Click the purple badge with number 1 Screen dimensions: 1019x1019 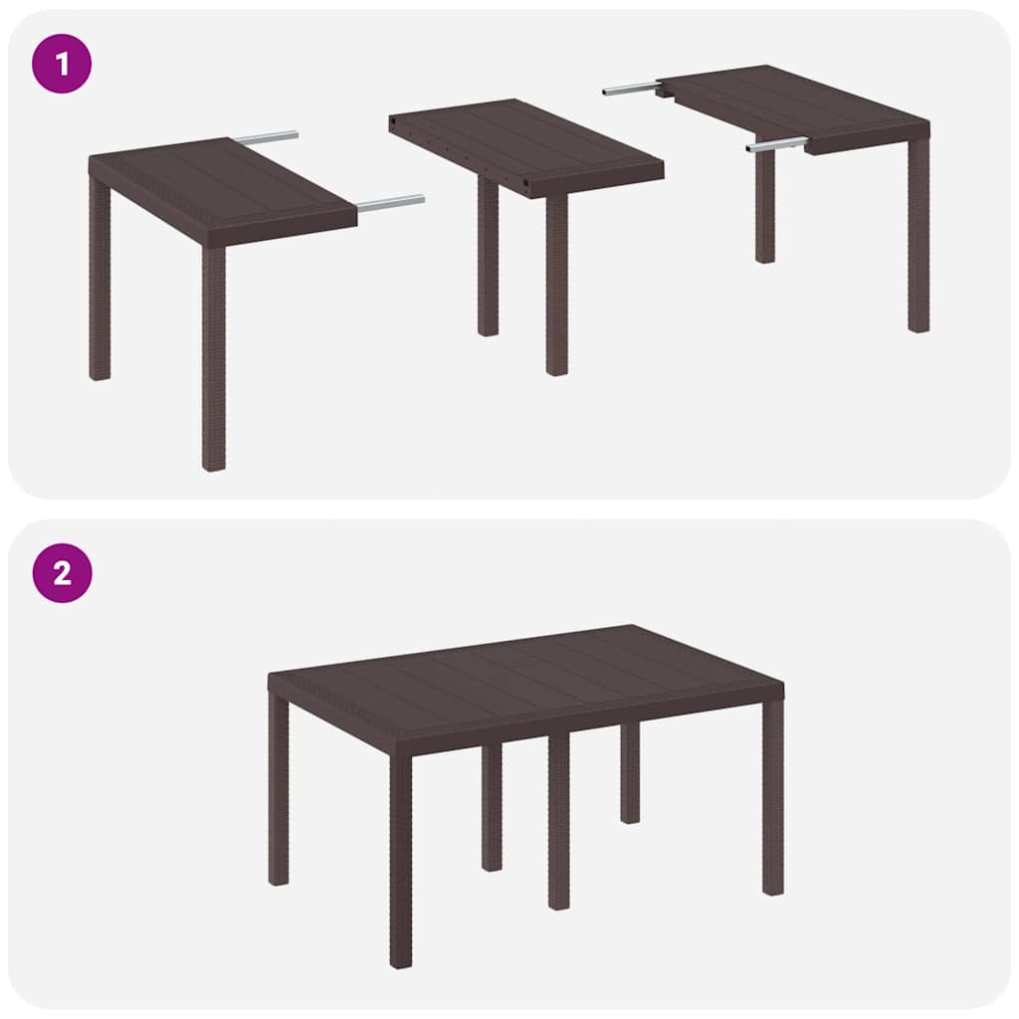(x=62, y=64)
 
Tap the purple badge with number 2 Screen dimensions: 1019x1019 (x=62, y=573)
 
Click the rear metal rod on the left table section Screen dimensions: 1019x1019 (x=267, y=137)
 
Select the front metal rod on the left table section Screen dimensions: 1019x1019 (x=391, y=203)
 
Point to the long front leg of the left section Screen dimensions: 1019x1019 (x=214, y=358)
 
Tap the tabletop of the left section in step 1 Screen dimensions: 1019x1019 (x=219, y=184)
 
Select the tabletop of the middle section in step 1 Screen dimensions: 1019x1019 (x=522, y=144)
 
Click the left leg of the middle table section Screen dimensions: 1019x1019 (x=488, y=259)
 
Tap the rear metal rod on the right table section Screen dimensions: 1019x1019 (x=629, y=90)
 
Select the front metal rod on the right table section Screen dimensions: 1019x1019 (x=776, y=145)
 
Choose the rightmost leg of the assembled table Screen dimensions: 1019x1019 (x=773, y=796)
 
